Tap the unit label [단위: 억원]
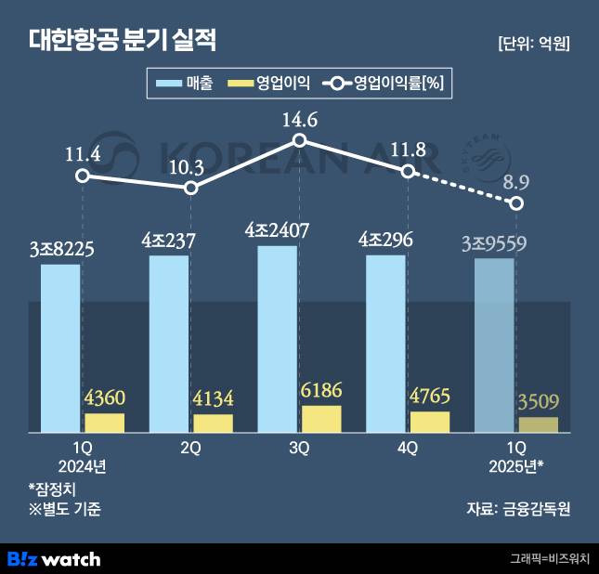(x=533, y=43)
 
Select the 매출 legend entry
(x=186, y=85)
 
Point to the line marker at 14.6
(x=299, y=140)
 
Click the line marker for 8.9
(x=517, y=203)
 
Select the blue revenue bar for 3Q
(x=277, y=339)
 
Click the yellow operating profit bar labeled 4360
(x=105, y=423)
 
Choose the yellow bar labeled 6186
(x=321, y=419)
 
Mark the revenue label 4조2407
(x=277, y=229)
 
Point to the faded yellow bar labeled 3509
(x=539, y=424)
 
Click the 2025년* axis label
(x=516, y=465)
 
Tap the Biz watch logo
(x=54, y=558)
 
